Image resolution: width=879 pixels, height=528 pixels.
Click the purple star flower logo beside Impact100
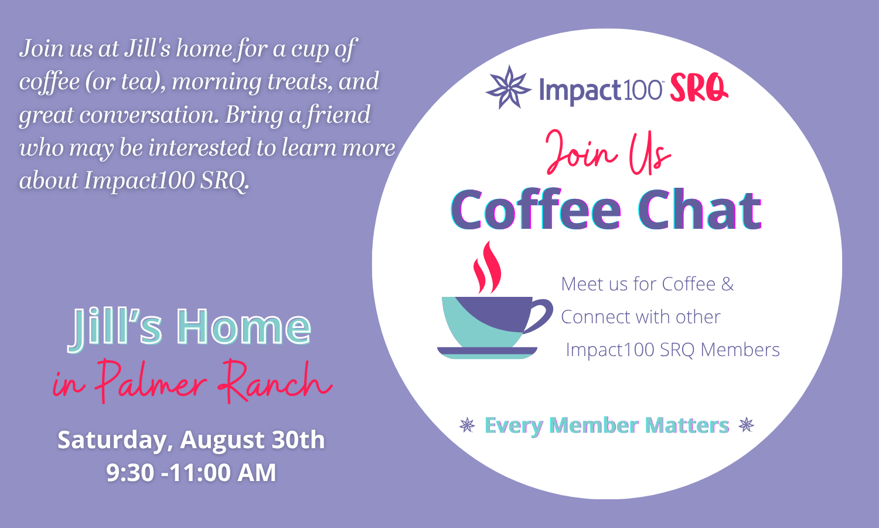coord(509,87)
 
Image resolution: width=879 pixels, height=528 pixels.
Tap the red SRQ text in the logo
coord(699,88)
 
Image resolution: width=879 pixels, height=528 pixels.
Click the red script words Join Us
coord(608,153)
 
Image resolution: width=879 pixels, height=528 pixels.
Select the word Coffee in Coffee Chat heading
coord(536,209)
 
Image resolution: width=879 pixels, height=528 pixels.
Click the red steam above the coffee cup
coord(487,268)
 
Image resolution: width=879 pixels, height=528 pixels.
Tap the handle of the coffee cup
coord(539,315)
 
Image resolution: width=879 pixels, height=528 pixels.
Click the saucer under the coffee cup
coord(487,353)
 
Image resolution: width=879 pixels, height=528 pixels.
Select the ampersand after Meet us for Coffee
coord(727,284)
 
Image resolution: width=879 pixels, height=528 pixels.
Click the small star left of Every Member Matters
coord(467,425)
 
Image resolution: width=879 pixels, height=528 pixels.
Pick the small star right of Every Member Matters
coord(746,425)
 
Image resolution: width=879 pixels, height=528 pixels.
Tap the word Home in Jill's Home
coord(244,327)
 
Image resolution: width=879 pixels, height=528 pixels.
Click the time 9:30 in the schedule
coord(130,472)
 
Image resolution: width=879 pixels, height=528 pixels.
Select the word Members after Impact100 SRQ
coord(740,350)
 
